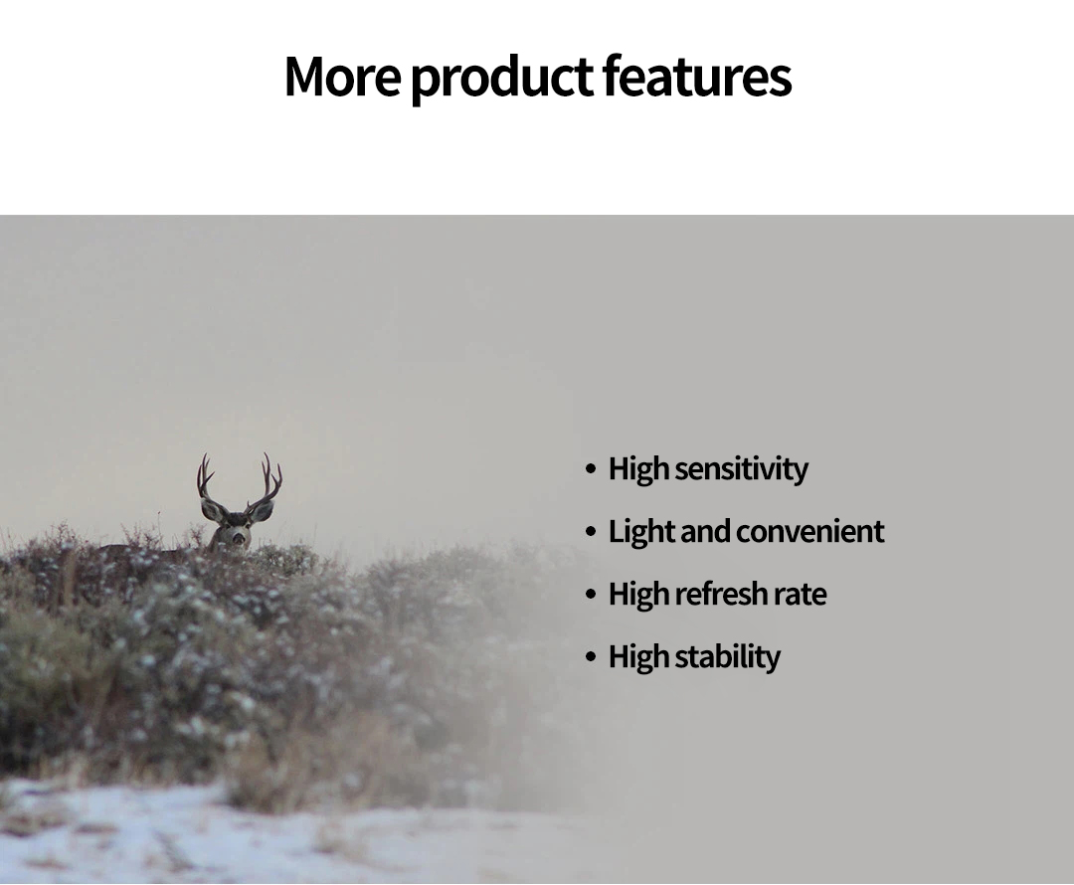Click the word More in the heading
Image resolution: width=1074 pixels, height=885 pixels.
(342, 76)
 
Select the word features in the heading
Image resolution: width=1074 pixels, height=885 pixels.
(697, 75)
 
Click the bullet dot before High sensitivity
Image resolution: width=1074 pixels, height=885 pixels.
(591, 469)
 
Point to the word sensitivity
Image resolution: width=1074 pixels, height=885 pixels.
(741, 469)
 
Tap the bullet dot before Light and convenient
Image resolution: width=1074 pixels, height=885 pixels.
(591, 532)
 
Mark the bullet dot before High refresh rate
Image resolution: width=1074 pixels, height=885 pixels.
(591, 594)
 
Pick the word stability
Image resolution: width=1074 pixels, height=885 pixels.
(727, 657)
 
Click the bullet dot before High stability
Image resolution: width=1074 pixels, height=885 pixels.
(591, 656)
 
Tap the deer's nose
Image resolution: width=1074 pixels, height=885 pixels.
(238, 538)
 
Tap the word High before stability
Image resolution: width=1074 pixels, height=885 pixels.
(638, 657)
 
